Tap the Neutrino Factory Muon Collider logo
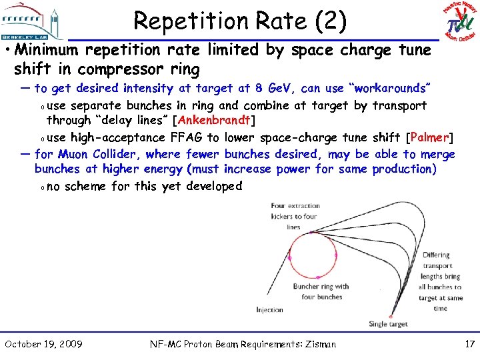click(459, 21)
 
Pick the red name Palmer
click(430, 138)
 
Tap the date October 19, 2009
click(44, 344)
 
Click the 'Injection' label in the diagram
click(269, 310)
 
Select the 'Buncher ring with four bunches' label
click(321, 291)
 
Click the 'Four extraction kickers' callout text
click(295, 217)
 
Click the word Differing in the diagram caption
click(436, 255)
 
